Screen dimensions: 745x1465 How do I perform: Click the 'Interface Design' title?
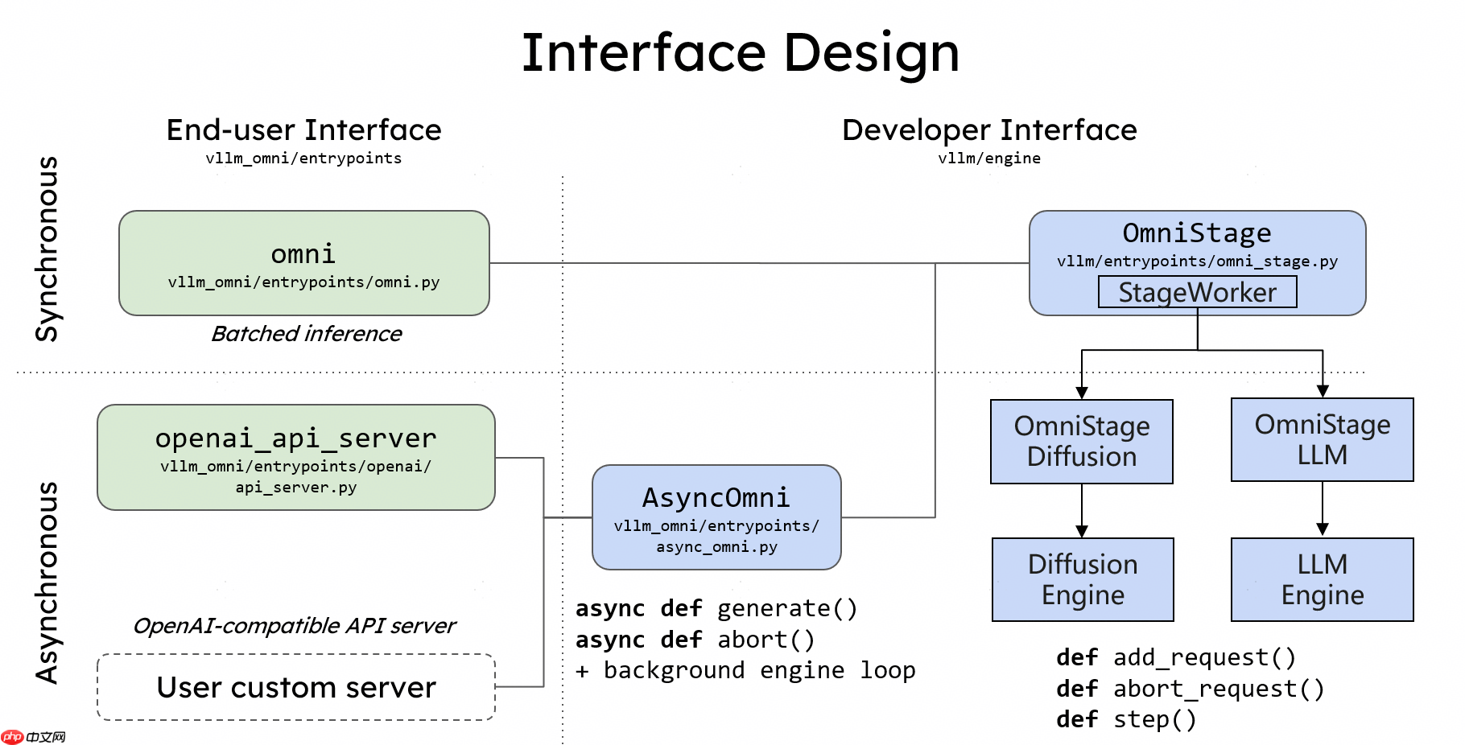(x=740, y=53)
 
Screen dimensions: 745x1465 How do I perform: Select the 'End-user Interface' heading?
(x=303, y=130)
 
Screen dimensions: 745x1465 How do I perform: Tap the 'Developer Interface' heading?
(x=988, y=130)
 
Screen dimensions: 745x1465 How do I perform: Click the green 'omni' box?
(x=303, y=263)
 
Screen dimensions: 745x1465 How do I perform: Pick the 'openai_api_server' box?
(x=295, y=457)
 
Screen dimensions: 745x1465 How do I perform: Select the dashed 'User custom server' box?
(x=295, y=687)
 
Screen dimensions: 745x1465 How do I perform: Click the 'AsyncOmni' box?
(x=716, y=517)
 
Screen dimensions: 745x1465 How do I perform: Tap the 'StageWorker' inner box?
(x=1197, y=292)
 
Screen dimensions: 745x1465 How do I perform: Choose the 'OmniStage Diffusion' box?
(x=1081, y=442)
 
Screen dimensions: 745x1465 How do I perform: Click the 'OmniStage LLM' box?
(x=1322, y=440)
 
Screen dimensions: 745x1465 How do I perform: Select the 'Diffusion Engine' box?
(x=1082, y=579)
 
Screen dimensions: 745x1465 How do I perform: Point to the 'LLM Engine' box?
(x=1322, y=579)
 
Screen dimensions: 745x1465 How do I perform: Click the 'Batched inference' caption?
(x=306, y=334)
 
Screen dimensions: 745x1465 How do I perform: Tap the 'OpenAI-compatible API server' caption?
(x=294, y=626)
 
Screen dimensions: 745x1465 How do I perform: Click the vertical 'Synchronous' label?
(x=47, y=249)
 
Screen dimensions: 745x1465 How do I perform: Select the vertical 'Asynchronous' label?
(x=47, y=583)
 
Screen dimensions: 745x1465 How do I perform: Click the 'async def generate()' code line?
(x=716, y=608)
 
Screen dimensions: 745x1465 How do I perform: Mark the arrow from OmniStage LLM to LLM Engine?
(x=1322, y=508)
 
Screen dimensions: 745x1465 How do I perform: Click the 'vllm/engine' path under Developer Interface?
(x=988, y=158)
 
